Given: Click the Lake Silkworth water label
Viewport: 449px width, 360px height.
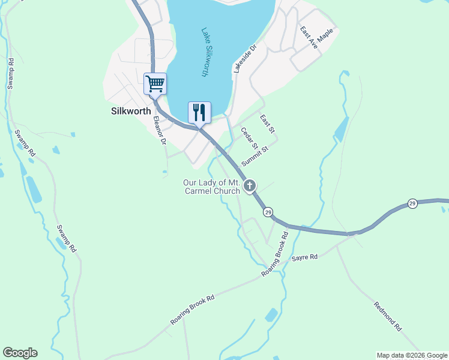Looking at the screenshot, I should click(x=205, y=53).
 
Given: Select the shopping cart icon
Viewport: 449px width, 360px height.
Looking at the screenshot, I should click(x=155, y=84).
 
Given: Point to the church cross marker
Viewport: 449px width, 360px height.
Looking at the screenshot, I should click(x=250, y=185).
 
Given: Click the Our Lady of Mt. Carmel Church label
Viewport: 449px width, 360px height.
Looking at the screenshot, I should click(x=212, y=187).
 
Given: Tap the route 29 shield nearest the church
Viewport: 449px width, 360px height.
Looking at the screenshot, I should click(x=268, y=212).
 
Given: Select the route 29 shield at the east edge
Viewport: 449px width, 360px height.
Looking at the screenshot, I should click(x=412, y=203).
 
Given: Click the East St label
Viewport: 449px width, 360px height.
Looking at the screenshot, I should click(x=267, y=125).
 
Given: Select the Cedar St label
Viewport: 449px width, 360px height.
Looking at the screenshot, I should click(x=249, y=138).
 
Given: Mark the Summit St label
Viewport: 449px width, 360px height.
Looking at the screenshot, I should click(x=254, y=155).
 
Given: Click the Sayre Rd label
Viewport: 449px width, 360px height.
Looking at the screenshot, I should click(x=304, y=257).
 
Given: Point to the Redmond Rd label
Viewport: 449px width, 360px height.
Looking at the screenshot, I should click(x=387, y=316).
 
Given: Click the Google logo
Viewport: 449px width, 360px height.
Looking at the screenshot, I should click(x=20, y=353).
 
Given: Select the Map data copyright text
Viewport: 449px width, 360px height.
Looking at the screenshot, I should click(x=411, y=355).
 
